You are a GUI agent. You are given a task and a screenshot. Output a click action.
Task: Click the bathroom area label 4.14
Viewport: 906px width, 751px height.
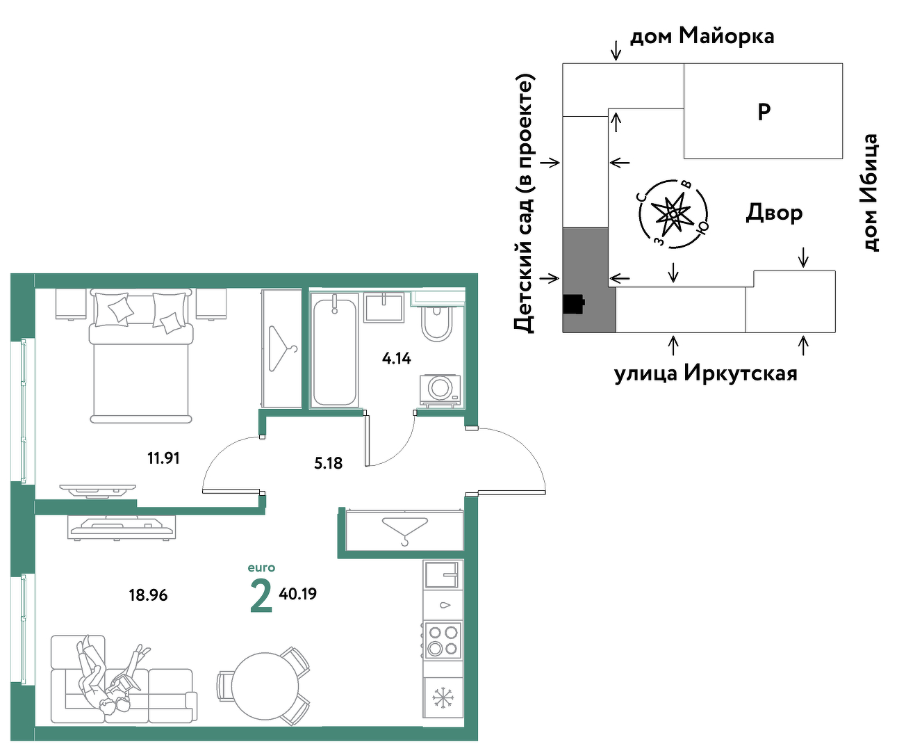[396, 358]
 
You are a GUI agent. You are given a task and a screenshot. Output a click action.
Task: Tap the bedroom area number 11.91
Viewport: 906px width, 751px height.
[163, 458]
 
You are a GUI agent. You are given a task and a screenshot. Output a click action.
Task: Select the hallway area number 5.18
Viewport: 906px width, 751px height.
[328, 463]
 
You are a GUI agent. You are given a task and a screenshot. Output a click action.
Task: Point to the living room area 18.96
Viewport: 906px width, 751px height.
[148, 595]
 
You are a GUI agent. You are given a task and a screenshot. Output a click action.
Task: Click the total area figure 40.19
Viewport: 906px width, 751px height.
[297, 593]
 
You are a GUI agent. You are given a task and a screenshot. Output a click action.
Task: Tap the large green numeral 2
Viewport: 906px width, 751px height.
[261, 597]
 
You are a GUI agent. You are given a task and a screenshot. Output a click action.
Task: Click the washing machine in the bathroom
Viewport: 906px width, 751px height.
[440, 391]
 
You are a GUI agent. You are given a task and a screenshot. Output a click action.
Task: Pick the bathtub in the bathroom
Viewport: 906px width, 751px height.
[335, 350]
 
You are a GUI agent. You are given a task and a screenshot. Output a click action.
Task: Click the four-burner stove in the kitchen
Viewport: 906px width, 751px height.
[443, 640]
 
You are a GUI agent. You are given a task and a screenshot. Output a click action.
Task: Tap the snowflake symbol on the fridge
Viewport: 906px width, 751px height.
[443, 698]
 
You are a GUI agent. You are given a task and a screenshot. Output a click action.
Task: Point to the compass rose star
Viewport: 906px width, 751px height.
[672, 214]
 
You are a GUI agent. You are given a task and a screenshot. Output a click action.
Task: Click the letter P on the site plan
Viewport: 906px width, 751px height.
[764, 112]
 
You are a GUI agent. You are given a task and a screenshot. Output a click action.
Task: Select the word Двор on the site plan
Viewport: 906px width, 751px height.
[774, 213]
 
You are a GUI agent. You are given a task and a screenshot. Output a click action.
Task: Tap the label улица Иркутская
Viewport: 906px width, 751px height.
[705, 373]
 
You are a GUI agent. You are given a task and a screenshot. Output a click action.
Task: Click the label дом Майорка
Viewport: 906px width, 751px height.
[702, 36]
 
